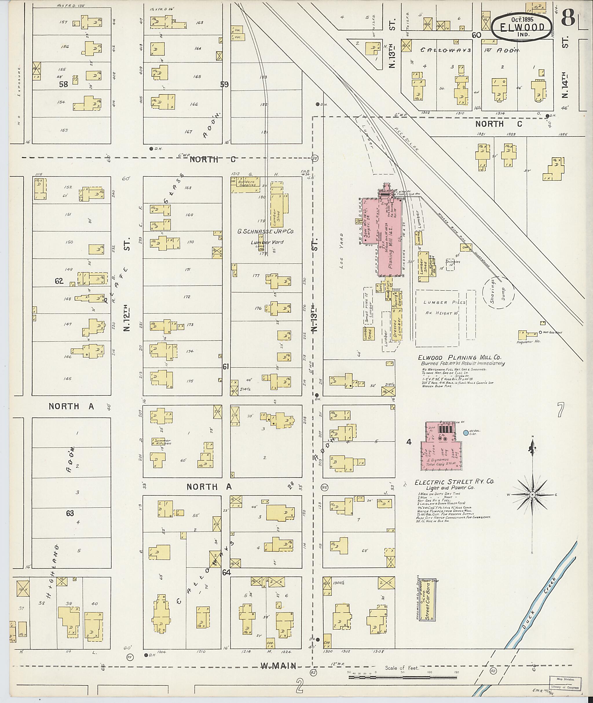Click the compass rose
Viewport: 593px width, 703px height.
(x=532, y=495)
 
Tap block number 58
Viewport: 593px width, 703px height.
(x=63, y=84)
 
